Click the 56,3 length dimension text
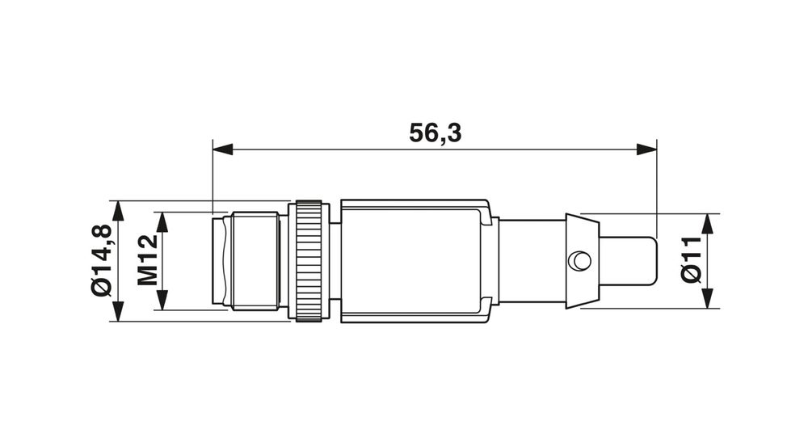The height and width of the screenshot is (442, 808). pyautogui.click(x=435, y=133)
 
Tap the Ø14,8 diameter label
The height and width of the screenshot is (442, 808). pyautogui.click(x=102, y=261)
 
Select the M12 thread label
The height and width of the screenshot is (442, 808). pyautogui.click(x=146, y=261)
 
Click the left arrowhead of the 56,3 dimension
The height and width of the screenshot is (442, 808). pyautogui.click(x=222, y=149)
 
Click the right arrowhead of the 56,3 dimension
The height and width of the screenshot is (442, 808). pyautogui.click(x=646, y=149)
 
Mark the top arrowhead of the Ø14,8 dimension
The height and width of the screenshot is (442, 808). pyautogui.click(x=119, y=211)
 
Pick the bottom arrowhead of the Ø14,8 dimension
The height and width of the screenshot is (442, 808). pyautogui.click(x=119, y=312)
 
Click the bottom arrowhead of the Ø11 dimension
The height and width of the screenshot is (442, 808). pyautogui.click(x=709, y=299)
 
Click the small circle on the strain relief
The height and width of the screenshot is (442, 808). pyautogui.click(x=579, y=260)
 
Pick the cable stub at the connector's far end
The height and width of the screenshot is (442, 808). pyautogui.click(x=628, y=260)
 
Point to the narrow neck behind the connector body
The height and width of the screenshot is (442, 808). pyautogui.click(x=529, y=261)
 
